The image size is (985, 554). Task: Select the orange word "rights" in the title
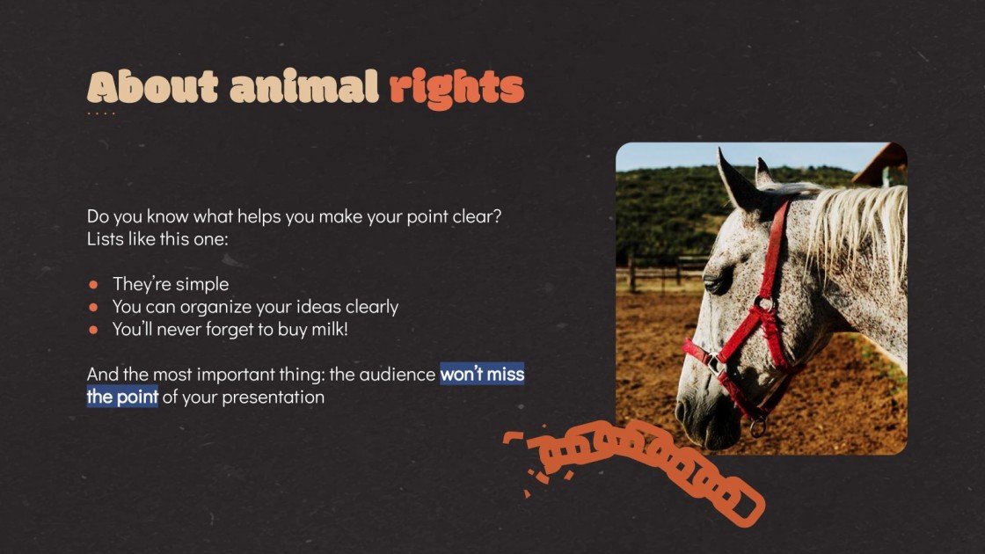(456, 88)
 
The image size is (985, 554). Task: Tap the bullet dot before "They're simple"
(93, 285)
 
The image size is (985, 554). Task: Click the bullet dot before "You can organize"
(93, 308)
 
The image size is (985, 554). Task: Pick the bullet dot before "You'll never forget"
(93, 331)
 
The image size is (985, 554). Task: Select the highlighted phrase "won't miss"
(482, 375)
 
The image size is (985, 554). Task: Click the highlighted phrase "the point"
(122, 397)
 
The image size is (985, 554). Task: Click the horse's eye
(717, 282)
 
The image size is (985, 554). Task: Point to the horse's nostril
(682, 411)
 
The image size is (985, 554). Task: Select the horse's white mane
(857, 229)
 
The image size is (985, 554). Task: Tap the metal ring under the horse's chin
(757, 428)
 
